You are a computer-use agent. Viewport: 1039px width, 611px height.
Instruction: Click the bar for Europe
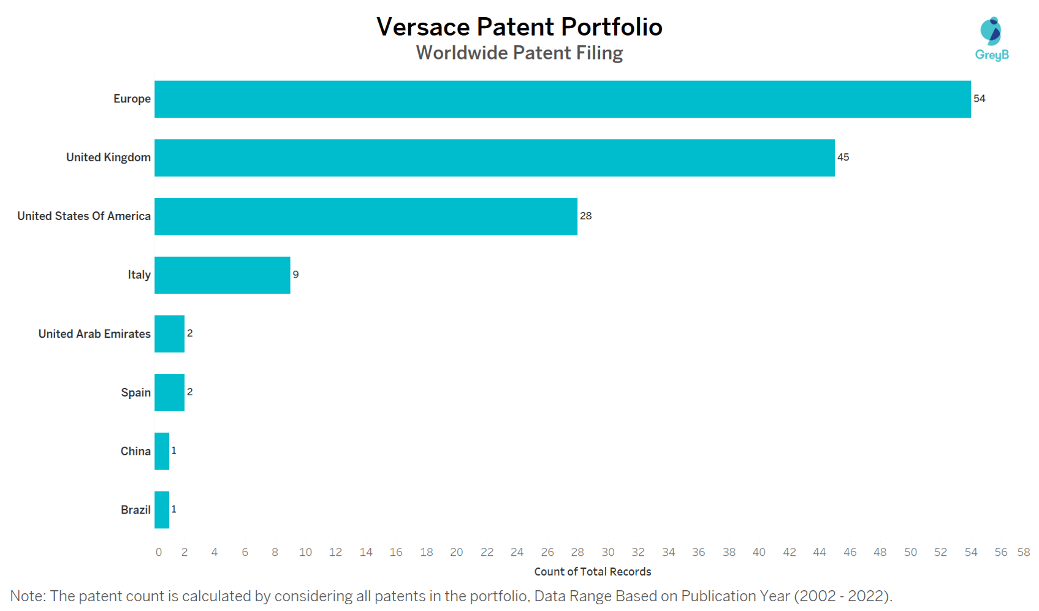562,99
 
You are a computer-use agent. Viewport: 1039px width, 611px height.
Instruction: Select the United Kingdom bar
494,157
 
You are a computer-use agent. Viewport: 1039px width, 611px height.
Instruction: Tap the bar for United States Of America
365,216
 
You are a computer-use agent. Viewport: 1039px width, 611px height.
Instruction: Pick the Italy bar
222,275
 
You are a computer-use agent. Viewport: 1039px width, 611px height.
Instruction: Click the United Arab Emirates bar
169,334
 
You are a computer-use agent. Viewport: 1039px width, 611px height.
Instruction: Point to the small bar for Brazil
162,510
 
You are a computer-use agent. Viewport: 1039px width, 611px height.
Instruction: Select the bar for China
162,451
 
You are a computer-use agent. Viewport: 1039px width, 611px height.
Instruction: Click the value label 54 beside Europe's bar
979,99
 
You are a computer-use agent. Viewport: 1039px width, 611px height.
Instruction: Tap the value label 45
843,157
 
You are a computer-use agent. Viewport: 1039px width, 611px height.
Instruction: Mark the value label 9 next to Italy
295,275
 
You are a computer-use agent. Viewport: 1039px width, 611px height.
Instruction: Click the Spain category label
135,392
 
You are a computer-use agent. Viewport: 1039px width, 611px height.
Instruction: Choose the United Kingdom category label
108,157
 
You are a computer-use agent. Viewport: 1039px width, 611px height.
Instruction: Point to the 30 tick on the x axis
607,552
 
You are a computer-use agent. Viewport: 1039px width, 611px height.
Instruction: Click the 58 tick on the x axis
1023,552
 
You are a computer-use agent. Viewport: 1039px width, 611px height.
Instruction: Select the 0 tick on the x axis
159,552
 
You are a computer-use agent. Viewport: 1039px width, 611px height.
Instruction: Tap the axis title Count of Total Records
592,572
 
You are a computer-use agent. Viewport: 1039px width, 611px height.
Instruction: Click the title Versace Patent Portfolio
519,27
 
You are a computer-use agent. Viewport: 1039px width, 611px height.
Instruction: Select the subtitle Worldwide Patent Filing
519,53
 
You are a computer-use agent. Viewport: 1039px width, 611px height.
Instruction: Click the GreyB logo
991,39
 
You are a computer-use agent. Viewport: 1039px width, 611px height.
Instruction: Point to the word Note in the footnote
27,596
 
